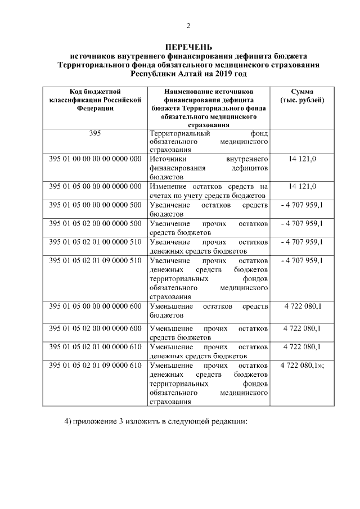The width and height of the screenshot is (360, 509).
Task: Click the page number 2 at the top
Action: [x=188, y=26]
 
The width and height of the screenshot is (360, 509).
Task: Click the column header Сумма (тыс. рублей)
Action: [x=302, y=96]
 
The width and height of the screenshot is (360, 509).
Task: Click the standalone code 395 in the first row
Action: [x=95, y=134]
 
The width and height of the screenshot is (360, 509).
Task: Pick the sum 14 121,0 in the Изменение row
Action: [x=303, y=186]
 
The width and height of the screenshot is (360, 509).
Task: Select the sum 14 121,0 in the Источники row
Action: [x=303, y=159]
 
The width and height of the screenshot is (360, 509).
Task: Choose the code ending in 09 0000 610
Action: [x=95, y=366]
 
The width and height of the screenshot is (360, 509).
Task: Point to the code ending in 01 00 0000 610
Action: [x=95, y=347]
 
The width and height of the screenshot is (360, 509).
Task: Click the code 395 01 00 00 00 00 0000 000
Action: [x=95, y=159]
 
